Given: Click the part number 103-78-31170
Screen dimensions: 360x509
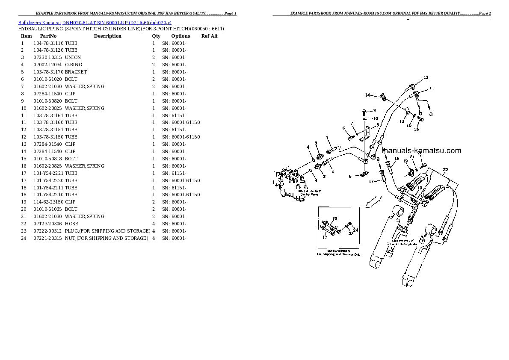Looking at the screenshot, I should coord(48,72).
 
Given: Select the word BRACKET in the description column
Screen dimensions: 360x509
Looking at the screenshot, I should coord(76,72).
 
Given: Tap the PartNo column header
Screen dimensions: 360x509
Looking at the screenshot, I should coord(48,36).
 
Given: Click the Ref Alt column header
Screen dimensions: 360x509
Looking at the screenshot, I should coord(209,36).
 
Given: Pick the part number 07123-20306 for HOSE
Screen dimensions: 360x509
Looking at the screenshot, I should coord(48,224).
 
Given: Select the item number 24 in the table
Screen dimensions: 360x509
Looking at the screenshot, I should coord(23,238).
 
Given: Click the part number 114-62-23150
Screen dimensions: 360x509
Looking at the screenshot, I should coord(48,202).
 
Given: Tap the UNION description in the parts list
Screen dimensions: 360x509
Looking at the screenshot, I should coord(73,57).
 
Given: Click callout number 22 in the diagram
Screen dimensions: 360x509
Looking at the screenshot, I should coord(445,170).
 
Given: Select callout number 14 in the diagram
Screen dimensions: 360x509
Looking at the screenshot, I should coord(367,94).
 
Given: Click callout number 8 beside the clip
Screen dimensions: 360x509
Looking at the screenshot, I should coord(350,176).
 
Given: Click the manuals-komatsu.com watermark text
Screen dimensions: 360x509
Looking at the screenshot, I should coord(421,150).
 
